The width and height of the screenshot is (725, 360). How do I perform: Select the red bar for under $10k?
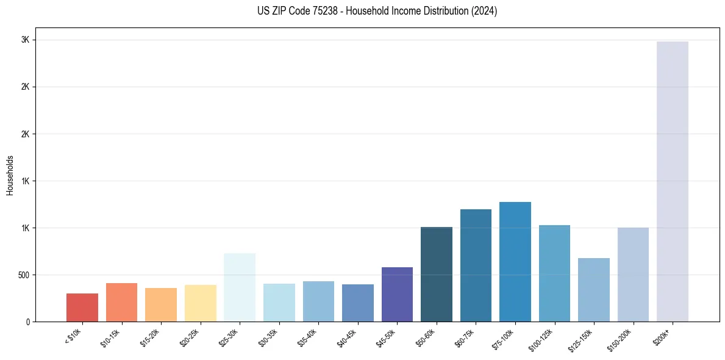point(82,308)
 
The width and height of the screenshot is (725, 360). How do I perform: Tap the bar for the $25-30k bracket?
point(240,287)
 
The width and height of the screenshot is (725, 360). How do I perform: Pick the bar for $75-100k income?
point(515,262)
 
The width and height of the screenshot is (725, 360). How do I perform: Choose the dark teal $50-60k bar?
point(437,274)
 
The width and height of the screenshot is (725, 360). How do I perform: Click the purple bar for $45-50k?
point(397,294)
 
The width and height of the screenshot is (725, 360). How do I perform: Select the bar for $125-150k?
point(594,290)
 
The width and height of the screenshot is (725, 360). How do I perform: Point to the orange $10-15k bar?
point(121,302)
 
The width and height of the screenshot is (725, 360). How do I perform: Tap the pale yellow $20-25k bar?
point(200,303)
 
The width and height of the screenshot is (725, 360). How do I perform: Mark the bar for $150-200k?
point(633,275)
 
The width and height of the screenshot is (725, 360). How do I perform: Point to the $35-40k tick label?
point(308,336)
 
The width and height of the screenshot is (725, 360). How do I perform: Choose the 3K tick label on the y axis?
point(25,40)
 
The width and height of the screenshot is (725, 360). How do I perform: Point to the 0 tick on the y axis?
point(27,322)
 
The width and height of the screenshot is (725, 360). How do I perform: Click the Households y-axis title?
point(10,175)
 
